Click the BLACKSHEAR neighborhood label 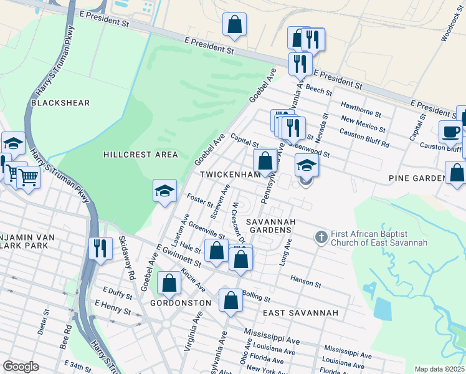coord(60,103)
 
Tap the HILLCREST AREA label coord(141,155)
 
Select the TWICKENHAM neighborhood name coord(229,176)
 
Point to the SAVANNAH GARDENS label coord(269,226)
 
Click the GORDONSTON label coord(181,302)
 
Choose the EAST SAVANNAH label coord(300,312)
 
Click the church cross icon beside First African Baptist coord(321,237)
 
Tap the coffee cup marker coord(450,132)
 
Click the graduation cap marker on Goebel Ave coord(164,191)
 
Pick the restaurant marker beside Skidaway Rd coord(100,248)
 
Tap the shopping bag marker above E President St coord(235,25)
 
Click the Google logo coord(21,367)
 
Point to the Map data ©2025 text coord(439,369)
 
